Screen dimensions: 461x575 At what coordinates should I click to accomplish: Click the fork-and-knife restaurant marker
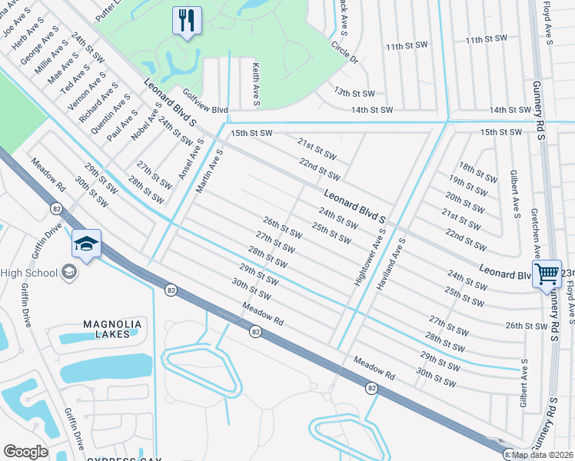click(x=187, y=21)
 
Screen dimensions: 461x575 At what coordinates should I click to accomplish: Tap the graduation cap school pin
click(x=86, y=245)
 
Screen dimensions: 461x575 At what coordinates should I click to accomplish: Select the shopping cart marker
click(x=547, y=274)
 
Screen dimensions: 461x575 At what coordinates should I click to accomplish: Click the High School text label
click(x=28, y=273)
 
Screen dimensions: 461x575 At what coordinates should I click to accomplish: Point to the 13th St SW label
click(x=354, y=92)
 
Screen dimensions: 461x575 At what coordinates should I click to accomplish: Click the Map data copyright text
click(x=543, y=454)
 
